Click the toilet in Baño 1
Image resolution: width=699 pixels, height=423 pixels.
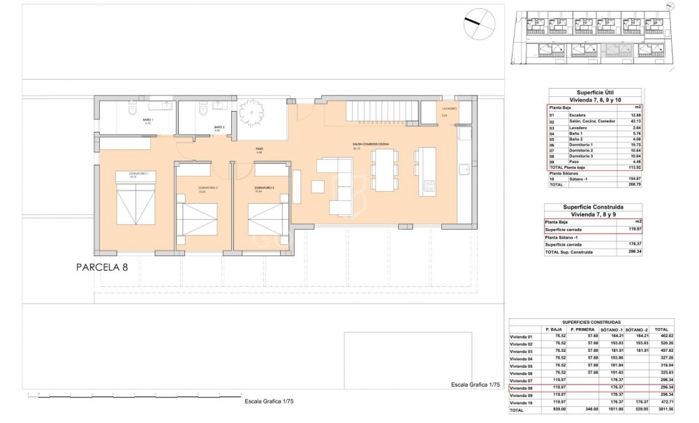pos(133,110)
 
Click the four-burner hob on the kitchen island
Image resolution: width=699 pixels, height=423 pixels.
pos(429,185)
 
